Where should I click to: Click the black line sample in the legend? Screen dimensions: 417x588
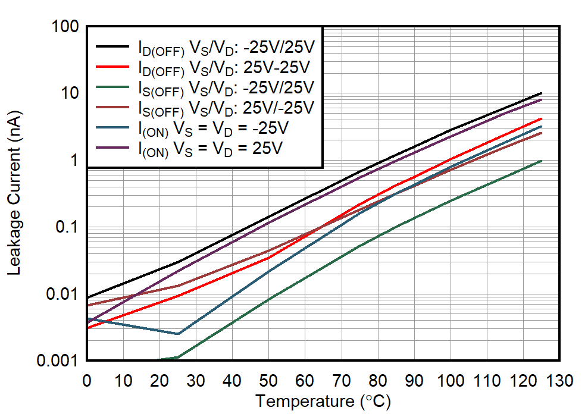tap(113, 46)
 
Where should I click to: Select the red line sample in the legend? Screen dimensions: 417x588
tap(113, 66)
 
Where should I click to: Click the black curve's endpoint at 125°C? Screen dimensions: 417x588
tap(541, 93)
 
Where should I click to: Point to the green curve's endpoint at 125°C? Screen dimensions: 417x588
tap(541, 161)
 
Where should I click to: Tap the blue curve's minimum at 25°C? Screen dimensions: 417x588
tap(177, 334)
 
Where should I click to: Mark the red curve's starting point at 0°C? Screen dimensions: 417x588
tap(87, 328)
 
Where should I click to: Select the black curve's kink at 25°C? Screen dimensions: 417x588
tap(177, 262)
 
